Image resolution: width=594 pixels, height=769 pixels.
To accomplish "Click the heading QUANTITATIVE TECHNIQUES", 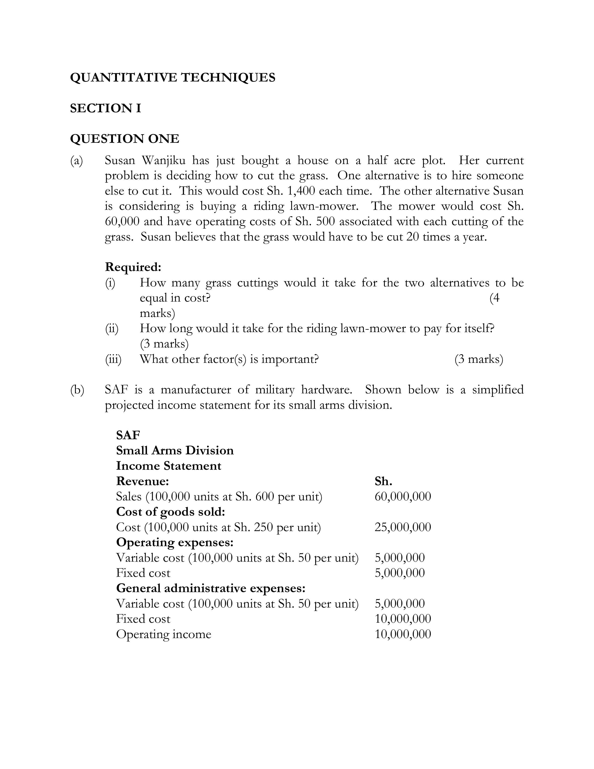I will pos(172,77).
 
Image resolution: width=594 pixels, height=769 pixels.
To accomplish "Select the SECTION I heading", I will pos(106,108).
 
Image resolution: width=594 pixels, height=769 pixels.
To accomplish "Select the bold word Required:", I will pos(133,267).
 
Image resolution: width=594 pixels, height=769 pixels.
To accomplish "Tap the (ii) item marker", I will pos(112,329).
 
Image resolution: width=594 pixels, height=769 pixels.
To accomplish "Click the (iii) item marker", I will pos(113,359).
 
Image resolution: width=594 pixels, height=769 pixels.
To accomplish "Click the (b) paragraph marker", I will pos(77,390).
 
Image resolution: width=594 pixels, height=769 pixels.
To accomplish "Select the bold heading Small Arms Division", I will pos(175,451).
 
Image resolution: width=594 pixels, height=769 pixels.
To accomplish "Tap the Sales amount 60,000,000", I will pos(403,496).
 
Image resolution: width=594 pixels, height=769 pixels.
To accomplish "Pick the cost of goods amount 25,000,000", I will pos(403,527).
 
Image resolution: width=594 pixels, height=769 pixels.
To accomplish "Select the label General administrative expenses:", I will pos(210,588).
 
